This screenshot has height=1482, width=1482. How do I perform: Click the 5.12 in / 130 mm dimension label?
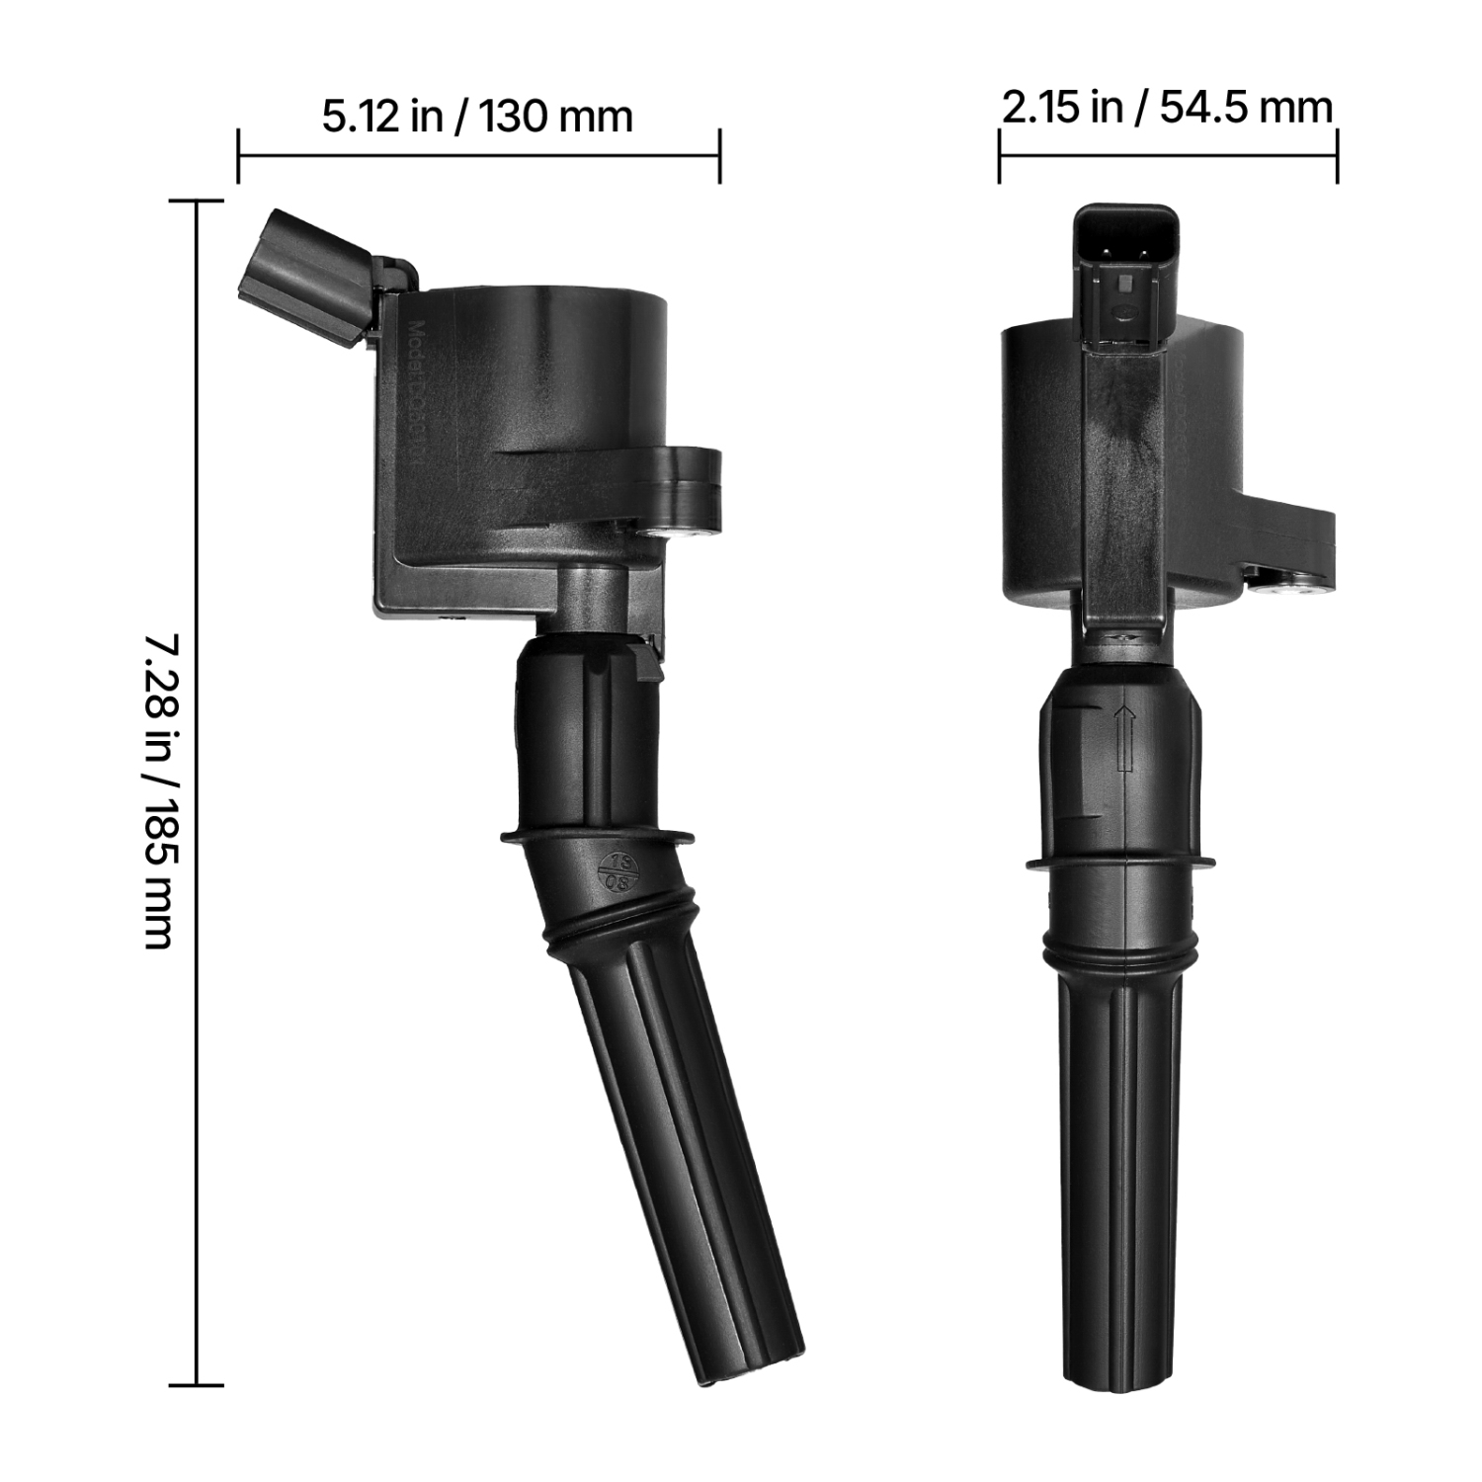(477, 117)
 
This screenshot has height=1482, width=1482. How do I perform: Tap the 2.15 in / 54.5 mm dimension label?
(1167, 107)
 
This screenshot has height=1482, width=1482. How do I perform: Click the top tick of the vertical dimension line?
(197, 202)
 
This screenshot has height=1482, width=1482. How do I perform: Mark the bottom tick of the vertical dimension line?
(197, 1385)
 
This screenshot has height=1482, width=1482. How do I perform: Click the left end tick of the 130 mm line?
(238, 155)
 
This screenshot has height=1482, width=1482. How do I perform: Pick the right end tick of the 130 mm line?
(719, 155)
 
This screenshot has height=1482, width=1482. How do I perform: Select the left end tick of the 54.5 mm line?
(999, 155)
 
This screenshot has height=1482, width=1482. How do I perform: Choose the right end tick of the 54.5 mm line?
(1337, 155)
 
